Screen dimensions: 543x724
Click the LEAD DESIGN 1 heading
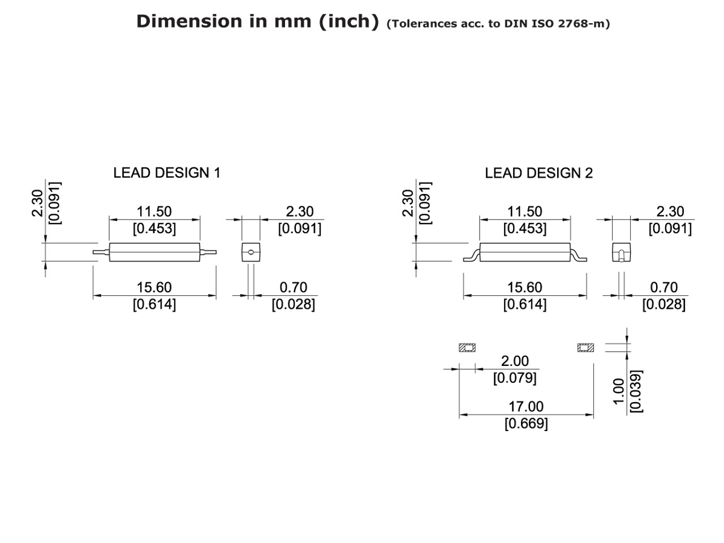click(166, 173)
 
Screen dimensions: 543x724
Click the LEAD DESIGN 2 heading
click(538, 173)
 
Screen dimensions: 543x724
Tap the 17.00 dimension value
click(525, 407)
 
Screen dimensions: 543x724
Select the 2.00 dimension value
click(515, 361)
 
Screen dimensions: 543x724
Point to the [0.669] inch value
click(526, 424)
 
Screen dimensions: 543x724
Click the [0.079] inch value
click(515, 377)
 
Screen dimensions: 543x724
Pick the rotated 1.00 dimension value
click(619, 391)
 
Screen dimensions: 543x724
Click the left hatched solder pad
click(467, 348)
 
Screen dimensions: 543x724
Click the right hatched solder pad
click(585, 348)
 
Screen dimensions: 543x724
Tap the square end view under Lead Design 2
click(621, 252)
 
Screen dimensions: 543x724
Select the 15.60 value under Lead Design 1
click(154, 287)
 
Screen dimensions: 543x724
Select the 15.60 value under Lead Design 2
click(524, 287)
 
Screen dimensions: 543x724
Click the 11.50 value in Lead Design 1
click(154, 212)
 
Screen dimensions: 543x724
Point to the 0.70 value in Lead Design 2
click(663, 287)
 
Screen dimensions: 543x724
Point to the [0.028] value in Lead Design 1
click(293, 304)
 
